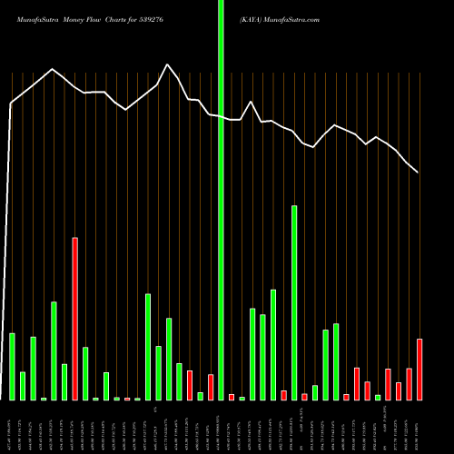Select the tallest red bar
(75, 319)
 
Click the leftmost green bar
(13, 367)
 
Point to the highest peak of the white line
(167, 64)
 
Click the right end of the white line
(418, 173)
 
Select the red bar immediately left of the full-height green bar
(211, 387)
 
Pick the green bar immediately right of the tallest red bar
(85, 373)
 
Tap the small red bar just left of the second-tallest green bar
(284, 395)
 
